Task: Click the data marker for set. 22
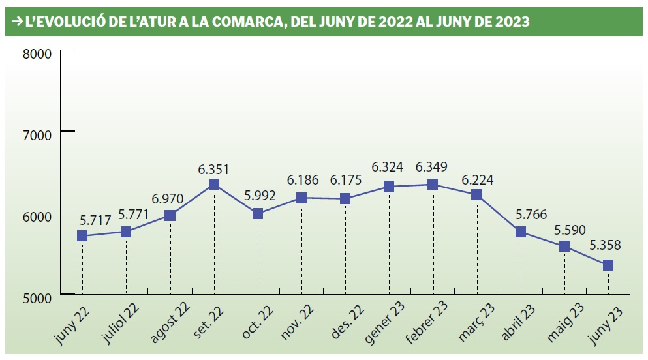point(213,185)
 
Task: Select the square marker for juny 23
point(608,265)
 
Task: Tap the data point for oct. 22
point(257,214)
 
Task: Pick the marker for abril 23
point(520,232)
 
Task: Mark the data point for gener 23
point(389,187)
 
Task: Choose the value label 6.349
point(433,168)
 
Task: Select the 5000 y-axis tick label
point(37,298)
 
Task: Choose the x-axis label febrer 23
point(424,324)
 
